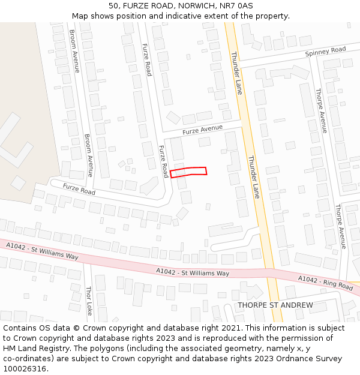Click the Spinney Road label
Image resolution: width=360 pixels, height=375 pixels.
tap(325, 51)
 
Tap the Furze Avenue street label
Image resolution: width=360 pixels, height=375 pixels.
tap(202, 129)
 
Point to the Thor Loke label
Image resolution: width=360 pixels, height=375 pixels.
tap(89, 300)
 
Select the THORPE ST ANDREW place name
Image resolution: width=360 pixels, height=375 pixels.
tap(275, 305)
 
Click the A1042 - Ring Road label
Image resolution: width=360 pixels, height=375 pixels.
tap(325, 282)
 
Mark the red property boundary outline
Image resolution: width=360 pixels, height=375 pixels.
tap(188, 172)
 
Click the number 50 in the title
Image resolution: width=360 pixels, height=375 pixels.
tap(113, 6)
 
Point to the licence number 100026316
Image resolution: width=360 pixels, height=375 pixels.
tap(24, 369)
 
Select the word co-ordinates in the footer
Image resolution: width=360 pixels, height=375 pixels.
tap(27, 359)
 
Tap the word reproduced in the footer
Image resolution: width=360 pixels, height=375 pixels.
tap(234, 338)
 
